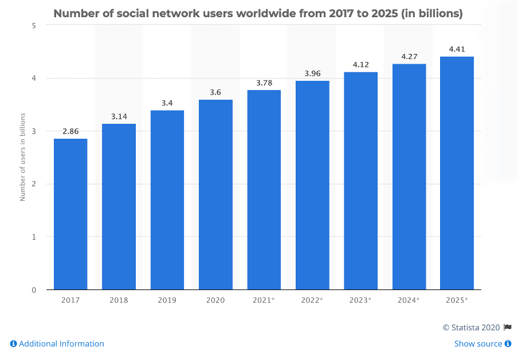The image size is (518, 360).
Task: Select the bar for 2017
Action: point(70,214)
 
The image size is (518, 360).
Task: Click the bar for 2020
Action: point(215,194)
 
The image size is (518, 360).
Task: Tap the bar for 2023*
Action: point(360,181)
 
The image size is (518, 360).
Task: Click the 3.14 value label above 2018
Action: point(119,116)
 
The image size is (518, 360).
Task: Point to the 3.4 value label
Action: point(167,103)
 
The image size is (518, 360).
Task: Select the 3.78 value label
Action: point(264,83)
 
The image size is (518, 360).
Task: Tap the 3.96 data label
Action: point(312,73)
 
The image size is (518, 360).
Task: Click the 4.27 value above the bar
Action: point(409,56)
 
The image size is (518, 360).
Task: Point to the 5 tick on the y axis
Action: point(34,26)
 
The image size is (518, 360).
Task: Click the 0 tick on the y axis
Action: point(34,290)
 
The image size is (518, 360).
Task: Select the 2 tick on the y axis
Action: point(34,184)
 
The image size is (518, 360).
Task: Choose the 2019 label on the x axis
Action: point(167,300)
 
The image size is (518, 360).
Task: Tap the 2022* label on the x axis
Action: point(312,300)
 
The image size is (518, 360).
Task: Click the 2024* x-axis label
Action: point(409,300)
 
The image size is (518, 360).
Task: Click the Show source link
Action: point(478,344)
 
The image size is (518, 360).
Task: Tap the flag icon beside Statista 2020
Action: point(507,327)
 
